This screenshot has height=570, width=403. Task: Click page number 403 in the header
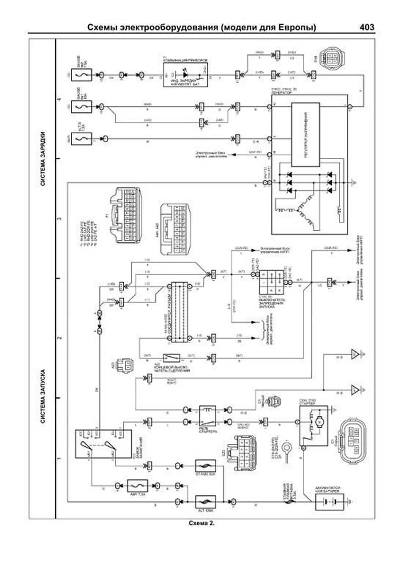(x=367, y=27)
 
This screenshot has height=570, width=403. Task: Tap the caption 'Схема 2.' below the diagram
(x=201, y=523)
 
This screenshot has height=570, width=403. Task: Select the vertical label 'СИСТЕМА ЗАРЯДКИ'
(x=43, y=158)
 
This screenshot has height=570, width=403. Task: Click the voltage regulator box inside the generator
(x=305, y=135)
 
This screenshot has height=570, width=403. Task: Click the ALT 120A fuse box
(x=205, y=502)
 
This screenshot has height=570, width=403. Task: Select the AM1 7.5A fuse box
(x=137, y=486)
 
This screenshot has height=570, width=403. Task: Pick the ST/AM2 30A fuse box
(x=205, y=466)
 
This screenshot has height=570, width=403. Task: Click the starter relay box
(x=208, y=416)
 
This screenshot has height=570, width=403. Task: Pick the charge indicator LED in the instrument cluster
(x=185, y=73)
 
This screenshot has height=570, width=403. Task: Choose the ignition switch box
(x=103, y=443)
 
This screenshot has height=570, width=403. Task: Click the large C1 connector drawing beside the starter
(x=355, y=441)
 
